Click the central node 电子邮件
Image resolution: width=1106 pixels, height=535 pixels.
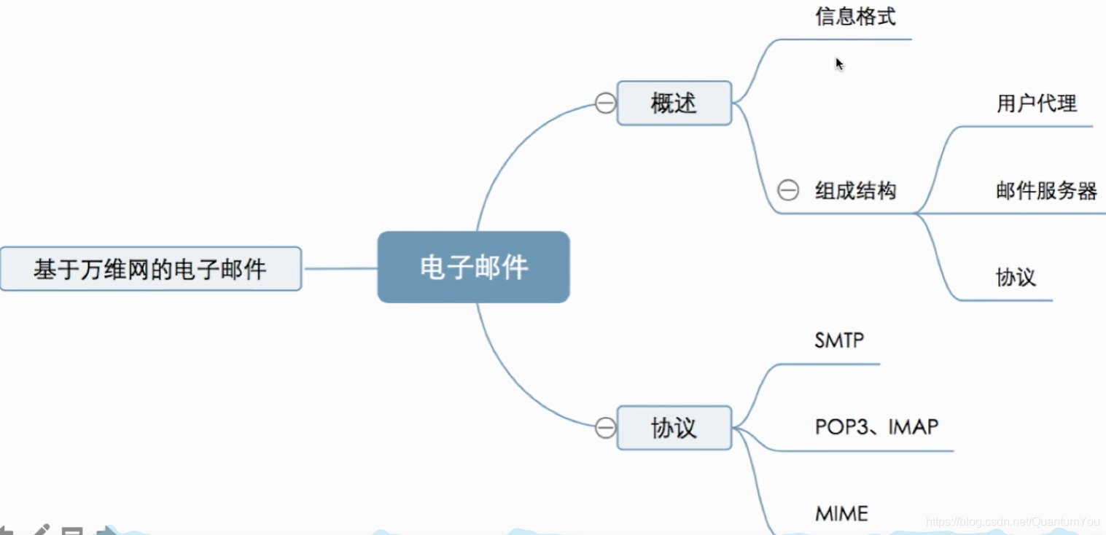click(x=473, y=267)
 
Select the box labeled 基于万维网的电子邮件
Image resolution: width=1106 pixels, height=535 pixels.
click(x=150, y=269)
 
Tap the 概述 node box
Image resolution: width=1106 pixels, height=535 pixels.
click(x=674, y=104)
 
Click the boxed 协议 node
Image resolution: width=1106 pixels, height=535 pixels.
click(x=674, y=428)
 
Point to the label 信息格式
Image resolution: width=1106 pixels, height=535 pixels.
click(x=855, y=17)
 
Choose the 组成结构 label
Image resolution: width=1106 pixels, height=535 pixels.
click(x=855, y=192)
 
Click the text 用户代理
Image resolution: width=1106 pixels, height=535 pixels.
click(x=1036, y=104)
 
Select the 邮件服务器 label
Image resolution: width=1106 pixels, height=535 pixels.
click(x=1046, y=191)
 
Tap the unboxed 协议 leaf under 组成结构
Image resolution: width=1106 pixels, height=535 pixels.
click(x=1016, y=278)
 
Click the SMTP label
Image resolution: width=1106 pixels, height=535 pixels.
click(x=839, y=340)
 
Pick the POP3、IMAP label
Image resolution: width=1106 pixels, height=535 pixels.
click(x=876, y=427)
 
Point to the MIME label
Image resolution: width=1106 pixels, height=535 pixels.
click(x=841, y=514)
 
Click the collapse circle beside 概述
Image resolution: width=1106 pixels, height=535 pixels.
click(x=605, y=104)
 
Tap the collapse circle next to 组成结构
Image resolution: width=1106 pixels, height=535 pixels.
click(x=787, y=191)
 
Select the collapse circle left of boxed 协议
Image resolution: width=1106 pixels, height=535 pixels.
click(x=605, y=428)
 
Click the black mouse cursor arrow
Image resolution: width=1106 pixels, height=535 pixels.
click(x=839, y=63)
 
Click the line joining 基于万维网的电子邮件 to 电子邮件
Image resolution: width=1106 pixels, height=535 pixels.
click(x=340, y=268)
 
